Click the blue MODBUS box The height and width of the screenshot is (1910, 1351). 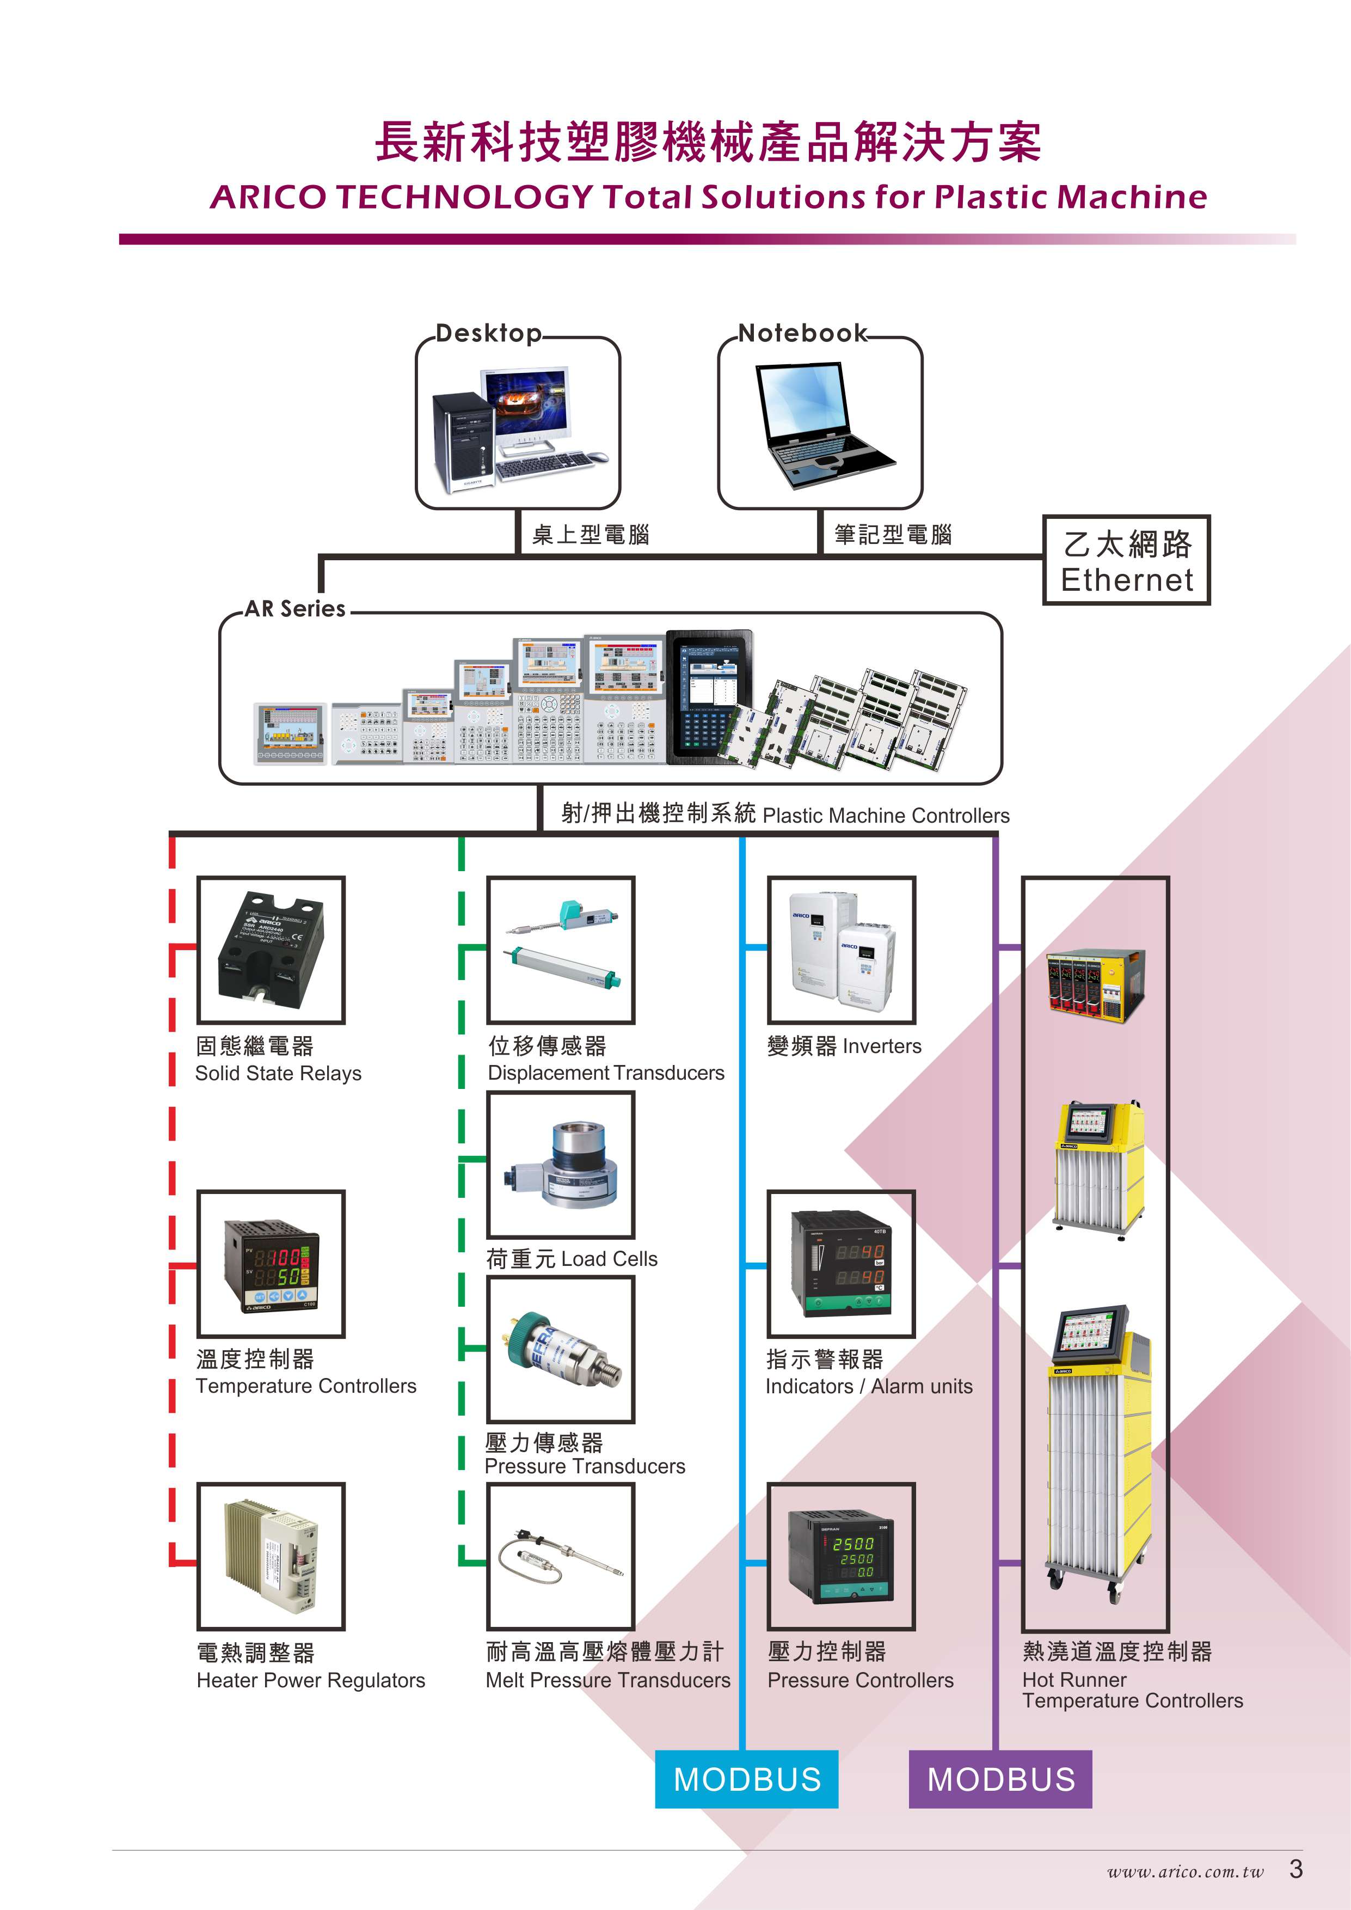[x=746, y=1779]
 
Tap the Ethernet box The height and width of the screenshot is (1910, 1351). [x=1126, y=560]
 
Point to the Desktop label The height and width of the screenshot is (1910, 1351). [x=489, y=334]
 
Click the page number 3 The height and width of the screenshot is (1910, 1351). [x=1295, y=1869]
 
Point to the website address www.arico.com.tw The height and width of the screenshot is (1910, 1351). [x=1184, y=1872]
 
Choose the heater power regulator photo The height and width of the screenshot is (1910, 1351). [x=271, y=1556]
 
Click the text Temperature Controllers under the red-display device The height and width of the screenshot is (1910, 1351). [x=306, y=1386]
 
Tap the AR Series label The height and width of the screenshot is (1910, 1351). [x=296, y=609]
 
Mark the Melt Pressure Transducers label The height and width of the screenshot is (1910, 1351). [x=608, y=1680]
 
